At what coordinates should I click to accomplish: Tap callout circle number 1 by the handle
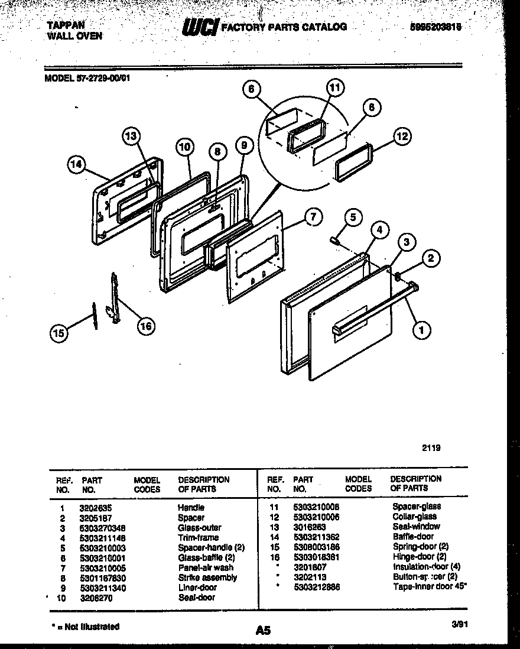click(421, 331)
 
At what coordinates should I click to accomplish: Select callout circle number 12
click(401, 137)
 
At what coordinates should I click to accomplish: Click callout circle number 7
click(313, 217)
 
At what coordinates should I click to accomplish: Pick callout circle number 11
click(334, 89)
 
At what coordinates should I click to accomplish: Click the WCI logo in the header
click(201, 27)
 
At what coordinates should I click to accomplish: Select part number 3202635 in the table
click(96, 508)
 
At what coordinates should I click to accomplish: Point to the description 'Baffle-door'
click(413, 537)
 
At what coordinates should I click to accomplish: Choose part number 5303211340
click(103, 588)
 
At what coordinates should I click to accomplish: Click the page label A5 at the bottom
click(263, 631)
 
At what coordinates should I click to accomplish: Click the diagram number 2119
click(431, 448)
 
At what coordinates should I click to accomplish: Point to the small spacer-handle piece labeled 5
click(334, 240)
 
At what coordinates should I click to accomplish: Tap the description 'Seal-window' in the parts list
click(416, 527)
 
